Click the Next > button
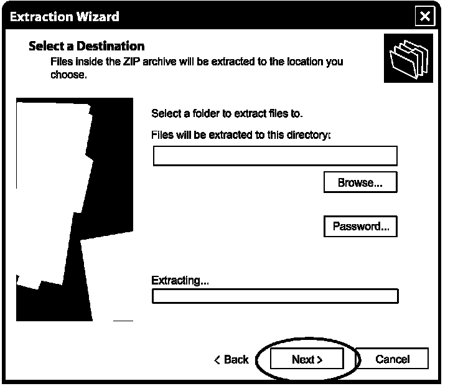point(307,359)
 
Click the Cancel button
point(393,359)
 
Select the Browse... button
point(360,182)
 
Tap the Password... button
point(360,226)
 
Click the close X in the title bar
point(425,16)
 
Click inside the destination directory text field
point(274,156)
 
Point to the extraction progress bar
point(274,296)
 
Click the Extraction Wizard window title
point(65,16)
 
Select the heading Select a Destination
point(86,46)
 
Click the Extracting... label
point(180,280)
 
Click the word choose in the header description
point(68,75)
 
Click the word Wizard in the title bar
point(97,16)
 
